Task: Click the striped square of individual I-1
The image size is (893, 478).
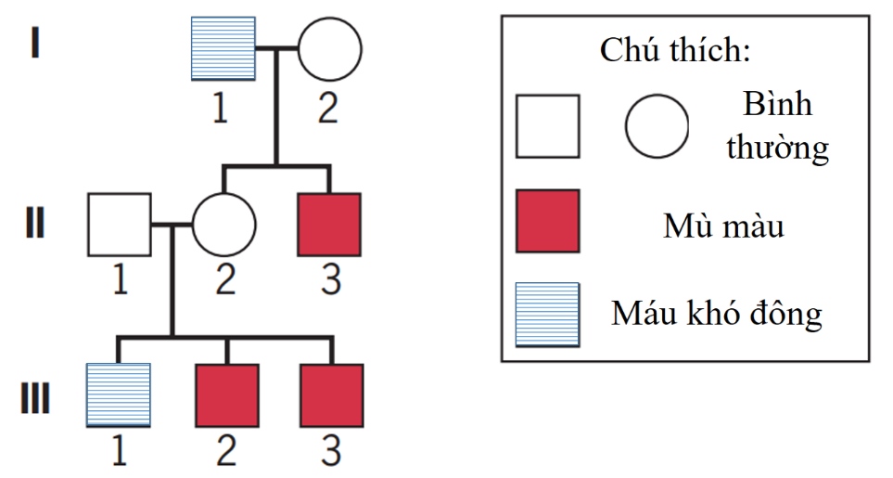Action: click(223, 48)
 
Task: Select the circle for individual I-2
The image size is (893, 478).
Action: click(329, 48)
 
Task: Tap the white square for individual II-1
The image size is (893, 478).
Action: click(119, 224)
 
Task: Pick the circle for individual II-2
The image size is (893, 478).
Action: click(223, 224)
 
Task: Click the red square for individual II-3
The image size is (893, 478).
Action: click(329, 224)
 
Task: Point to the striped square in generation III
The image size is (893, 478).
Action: click(118, 395)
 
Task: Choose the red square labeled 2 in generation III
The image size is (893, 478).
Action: click(227, 395)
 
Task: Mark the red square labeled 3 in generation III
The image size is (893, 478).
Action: click(331, 395)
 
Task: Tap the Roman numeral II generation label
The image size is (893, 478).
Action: click(34, 224)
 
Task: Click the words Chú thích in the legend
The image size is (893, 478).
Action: click(674, 50)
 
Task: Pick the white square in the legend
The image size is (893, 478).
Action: click(548, 126)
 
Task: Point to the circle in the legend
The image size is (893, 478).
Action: click(657, 126)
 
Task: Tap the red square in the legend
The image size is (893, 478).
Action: click(548, 221)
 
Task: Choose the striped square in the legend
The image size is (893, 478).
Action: click(548, 314)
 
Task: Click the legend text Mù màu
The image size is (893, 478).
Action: click(723, 226)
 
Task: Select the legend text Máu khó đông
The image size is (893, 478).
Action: click(716, 314)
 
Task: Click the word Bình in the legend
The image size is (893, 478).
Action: click(777, 104)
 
